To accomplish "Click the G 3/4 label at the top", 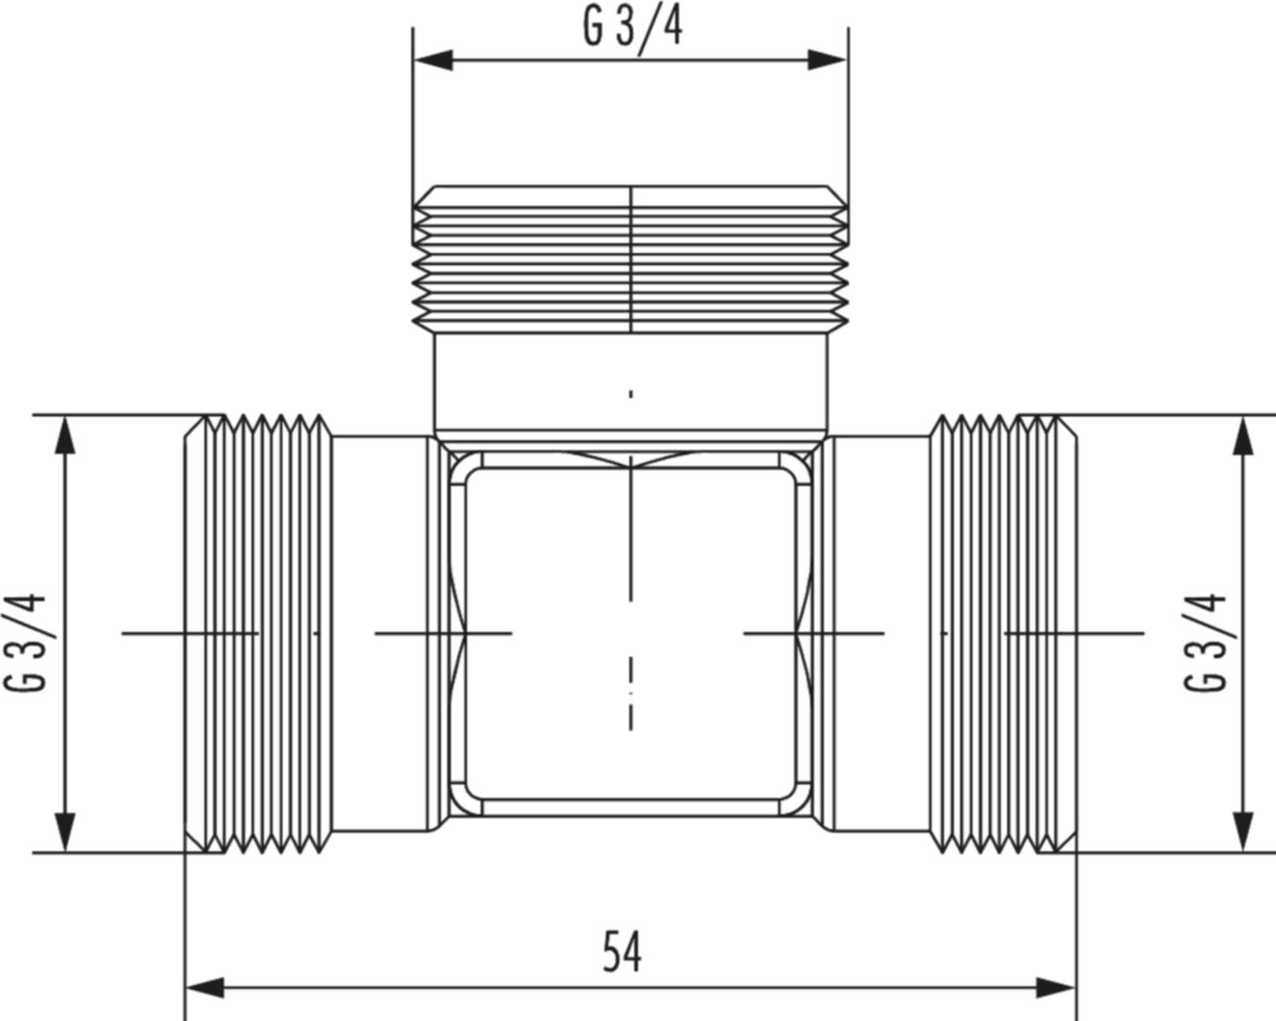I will [x=632, y=27].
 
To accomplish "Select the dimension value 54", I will [x=623, y=952].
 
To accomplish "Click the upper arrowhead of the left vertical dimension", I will [x=64, y=435].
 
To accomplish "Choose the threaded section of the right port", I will [x=998, y=634].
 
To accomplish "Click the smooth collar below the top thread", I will [x=631, y=383].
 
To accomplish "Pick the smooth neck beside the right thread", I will [x=880, y=634].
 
